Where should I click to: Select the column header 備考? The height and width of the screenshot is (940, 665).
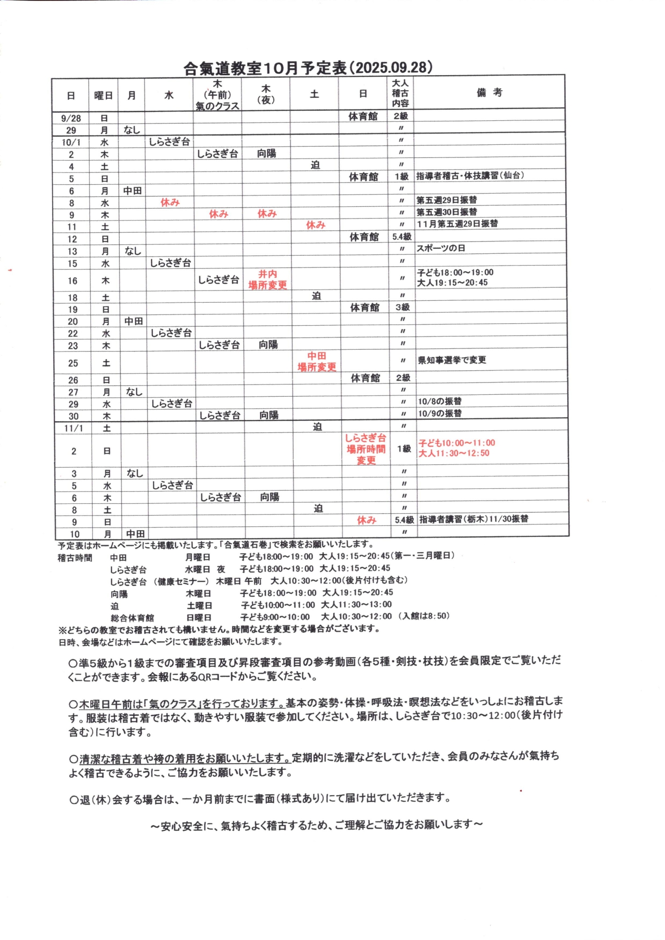(489, 93)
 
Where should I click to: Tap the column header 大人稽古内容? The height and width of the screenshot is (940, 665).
(400, 93)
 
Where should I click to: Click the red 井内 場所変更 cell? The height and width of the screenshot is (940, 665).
(267, 280)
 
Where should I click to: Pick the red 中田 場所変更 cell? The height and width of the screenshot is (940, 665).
(317, 361)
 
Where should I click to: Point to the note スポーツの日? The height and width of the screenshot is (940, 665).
(441, 248)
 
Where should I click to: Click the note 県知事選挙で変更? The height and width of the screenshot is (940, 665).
(452, 360)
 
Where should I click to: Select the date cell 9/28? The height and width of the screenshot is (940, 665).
(70, 118)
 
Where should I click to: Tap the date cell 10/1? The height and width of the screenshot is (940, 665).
(71, 142)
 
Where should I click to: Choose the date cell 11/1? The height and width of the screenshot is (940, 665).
(73, 428)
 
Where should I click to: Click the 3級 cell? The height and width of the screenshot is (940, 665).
(403, 307)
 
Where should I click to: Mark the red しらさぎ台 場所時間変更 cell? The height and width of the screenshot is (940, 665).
(366, 449)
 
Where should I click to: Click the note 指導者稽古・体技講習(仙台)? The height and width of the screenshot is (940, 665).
(470, 176)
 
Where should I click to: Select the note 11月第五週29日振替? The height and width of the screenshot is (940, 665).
(457, 224)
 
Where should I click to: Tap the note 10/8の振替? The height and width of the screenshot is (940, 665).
(440, 401)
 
